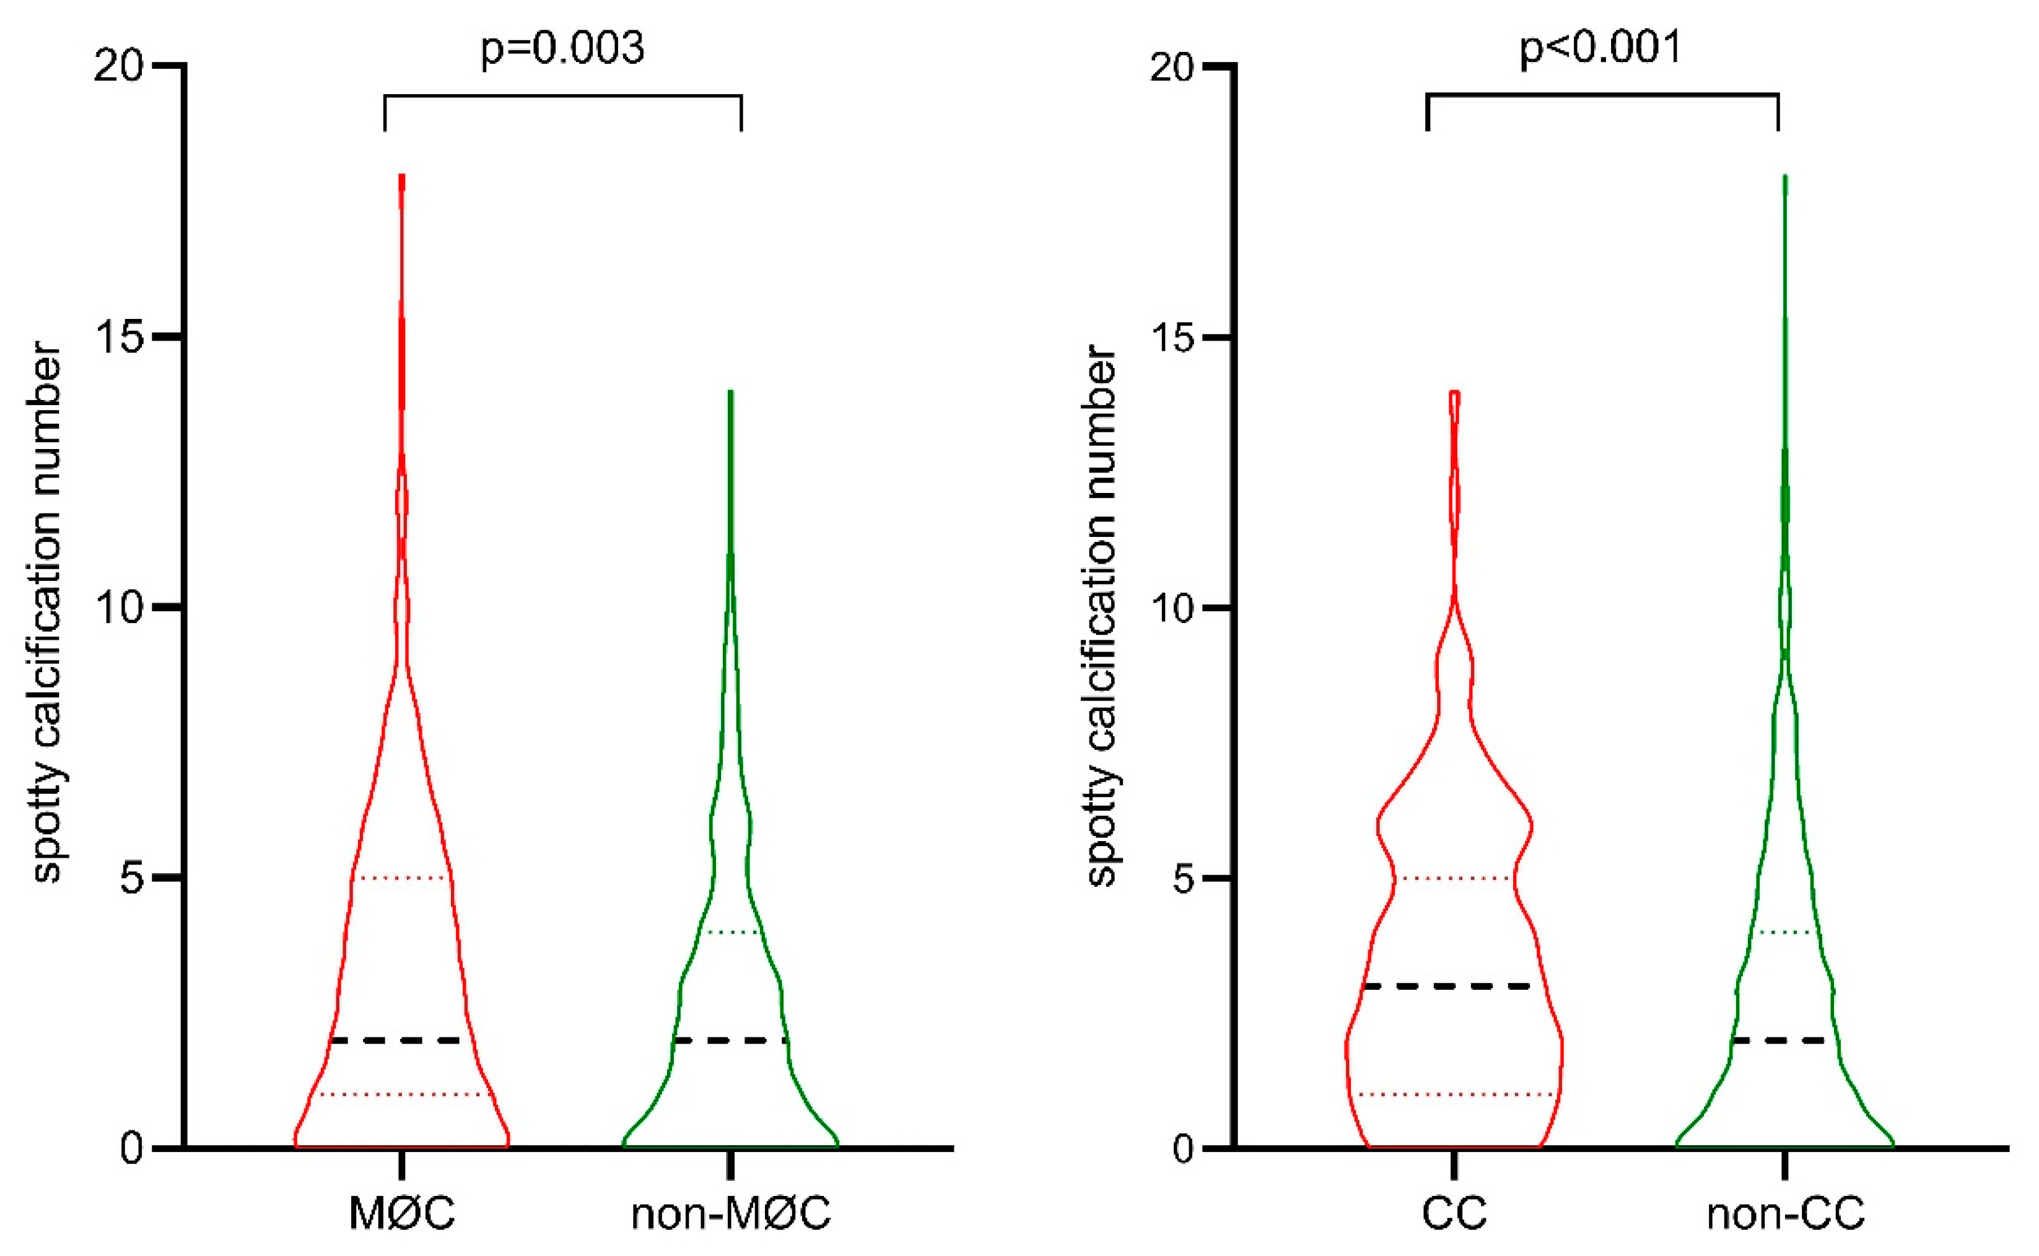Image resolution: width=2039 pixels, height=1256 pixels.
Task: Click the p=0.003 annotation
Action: tap(562, 48)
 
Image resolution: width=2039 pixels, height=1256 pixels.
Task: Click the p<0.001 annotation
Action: tap(1600, 48)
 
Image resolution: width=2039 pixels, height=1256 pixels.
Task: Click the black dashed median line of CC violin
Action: tap(1454, 986)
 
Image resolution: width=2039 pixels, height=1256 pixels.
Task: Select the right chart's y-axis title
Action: tap(1101, 615)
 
